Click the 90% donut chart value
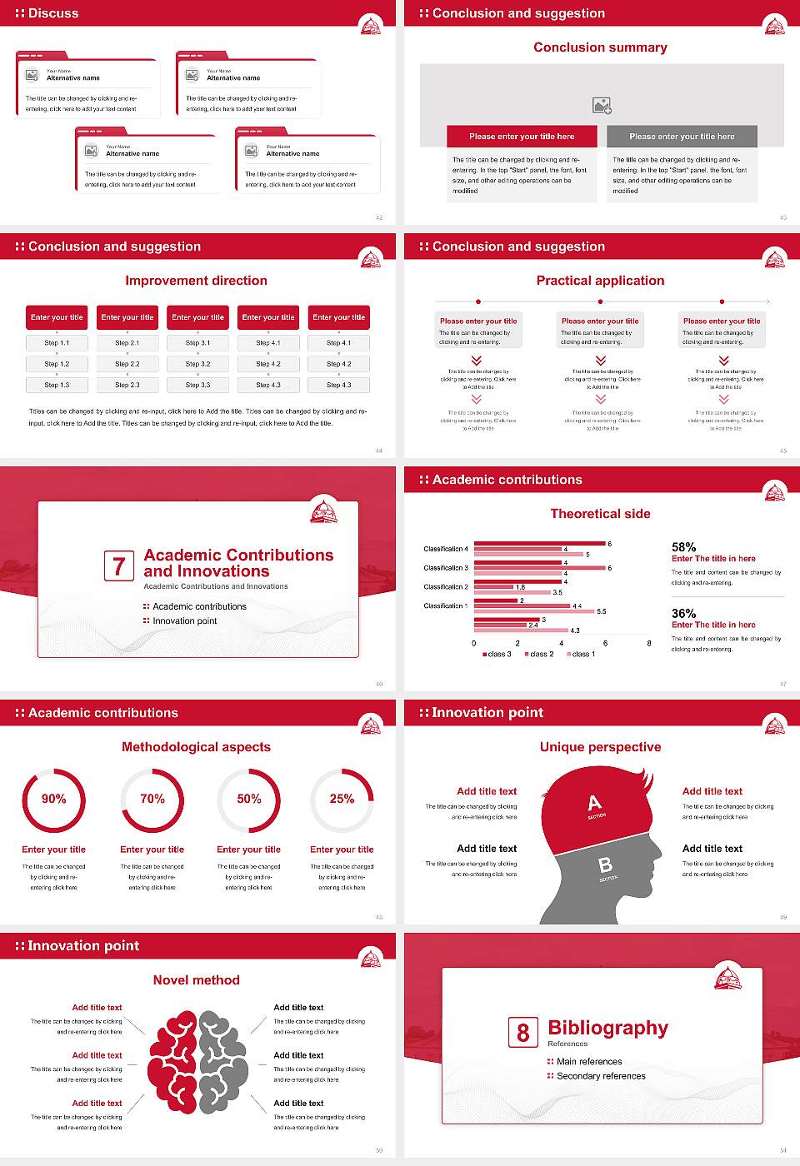click(54, 799)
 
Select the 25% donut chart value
click(342, 799)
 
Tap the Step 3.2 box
click(198, 364)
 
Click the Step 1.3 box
click(57, 385)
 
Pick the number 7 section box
click(118, 566)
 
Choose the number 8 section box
click(522, 1033)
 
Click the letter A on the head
click(594, 803)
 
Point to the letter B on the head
click(606, 865)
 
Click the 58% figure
click(683, 547)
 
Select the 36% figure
click(683, 614)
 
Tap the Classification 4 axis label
click(446, 549)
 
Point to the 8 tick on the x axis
click(649, 643)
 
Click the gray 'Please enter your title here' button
click(682, 137)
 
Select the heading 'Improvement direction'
click(196, 281)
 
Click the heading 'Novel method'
click(196, 980)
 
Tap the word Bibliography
click(607, 1028)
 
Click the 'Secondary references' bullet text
click(601, 1076)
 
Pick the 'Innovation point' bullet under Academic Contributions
click(184, 620)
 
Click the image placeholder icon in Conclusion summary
click(602, 106)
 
